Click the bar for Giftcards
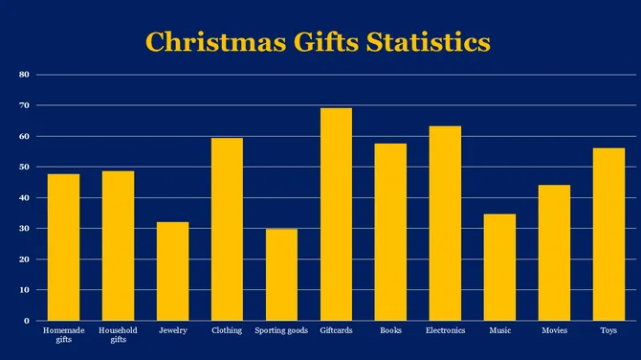click(336, 214)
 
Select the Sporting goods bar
click(281, 275)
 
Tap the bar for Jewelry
click(172, 271)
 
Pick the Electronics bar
click(445, 223)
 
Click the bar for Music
click(499, 267)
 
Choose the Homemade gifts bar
click(63, 247)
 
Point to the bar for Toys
click(608, 235)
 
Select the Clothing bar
click(227, 229)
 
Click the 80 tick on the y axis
click(25, 75)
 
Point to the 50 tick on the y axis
click(25, 167)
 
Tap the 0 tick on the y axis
click(28, 321)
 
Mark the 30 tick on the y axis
click(25, 228)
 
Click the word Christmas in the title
click(213, 43)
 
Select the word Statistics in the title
click(429, 43)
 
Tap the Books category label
click(390, 330)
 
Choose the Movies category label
click(554, 330)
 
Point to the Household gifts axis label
click(118, 334)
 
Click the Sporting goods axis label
click(281, 330)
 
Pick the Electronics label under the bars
click(445, 330)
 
